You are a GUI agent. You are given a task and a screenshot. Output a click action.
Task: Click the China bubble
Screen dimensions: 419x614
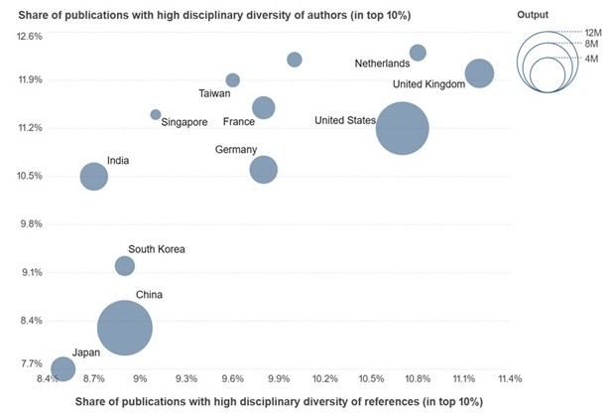click(x=125, y=328)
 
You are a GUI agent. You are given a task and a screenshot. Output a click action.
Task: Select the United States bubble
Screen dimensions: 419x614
click(x=402, y=128)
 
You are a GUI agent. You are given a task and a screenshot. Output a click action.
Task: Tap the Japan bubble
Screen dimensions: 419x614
click(x=62, y=368)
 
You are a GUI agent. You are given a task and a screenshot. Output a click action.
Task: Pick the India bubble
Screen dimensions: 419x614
click(x=94, y=177)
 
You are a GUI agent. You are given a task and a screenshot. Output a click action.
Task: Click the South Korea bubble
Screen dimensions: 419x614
click(x=124, y=265)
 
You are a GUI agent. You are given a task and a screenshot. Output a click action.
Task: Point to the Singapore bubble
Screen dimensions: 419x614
click(x=156, y=114)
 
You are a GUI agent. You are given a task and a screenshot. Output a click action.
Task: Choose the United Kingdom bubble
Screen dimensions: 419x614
click(x=479, y=72)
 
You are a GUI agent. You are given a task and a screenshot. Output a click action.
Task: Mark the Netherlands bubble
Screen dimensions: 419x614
click(x=418, y=53)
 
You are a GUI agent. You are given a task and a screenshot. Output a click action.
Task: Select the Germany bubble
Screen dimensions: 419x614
click(x=264, y=170)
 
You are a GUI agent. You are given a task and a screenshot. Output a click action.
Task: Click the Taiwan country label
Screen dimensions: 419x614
click(x=214, y=94)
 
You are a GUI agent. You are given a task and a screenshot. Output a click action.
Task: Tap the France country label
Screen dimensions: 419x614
click(x=239, y=122)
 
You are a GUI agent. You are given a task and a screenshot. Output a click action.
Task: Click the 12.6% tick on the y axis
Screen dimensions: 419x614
click(x=30, y=37)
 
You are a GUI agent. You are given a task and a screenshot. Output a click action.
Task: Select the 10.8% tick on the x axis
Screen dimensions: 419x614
click(x=418, y=378)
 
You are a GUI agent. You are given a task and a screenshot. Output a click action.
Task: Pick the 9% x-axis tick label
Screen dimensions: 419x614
click(x=141, y=378)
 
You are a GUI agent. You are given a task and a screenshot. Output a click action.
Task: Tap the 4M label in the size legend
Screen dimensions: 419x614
click(x=591, y=60)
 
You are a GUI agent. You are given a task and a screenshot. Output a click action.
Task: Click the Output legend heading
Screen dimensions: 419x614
click(x=533, y=14)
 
